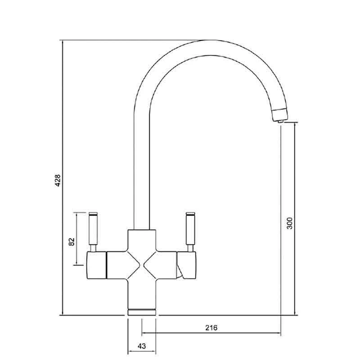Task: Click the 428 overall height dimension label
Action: point(58,180)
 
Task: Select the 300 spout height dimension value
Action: point(290,223)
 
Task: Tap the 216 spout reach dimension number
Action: point(211,328)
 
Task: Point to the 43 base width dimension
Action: point(142,346)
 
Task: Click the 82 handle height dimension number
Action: point(72,242)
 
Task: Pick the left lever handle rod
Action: point(93,229)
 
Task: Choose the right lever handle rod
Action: point(190,229)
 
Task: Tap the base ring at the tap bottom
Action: point(142,312)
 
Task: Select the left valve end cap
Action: point(96,265)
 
